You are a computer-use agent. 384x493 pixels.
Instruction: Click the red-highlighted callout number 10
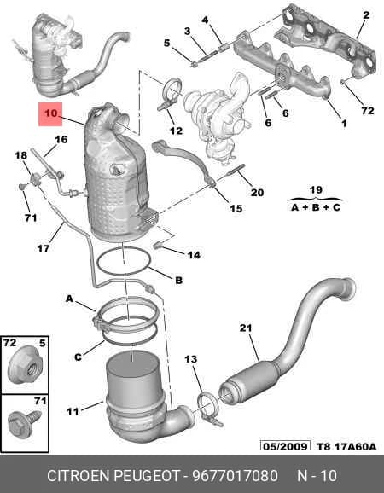tap(50, 113)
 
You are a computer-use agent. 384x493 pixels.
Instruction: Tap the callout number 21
tap(246, 328)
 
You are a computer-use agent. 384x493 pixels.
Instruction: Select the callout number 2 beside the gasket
tap(366, 14)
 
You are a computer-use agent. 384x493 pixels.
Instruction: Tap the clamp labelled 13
tap(208, 409)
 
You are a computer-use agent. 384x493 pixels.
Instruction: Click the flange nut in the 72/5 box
tap(25, 364)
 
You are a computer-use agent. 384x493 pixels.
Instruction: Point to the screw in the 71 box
tap(24, 422)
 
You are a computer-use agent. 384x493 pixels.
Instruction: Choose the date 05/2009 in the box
tap(285, 446)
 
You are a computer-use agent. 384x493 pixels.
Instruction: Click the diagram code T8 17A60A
tap(346, 446)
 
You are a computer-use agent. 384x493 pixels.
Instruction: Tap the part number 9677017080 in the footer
tap(236, 475)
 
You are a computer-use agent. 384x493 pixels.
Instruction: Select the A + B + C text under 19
tap(316, 207)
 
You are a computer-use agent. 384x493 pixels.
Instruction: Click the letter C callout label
tap(78, 357)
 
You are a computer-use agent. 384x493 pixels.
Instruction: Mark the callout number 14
tap(194, 255)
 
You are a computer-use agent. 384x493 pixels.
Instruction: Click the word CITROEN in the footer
tap(79, 475)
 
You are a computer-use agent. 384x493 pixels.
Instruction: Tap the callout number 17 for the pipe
tap(44, 248)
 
